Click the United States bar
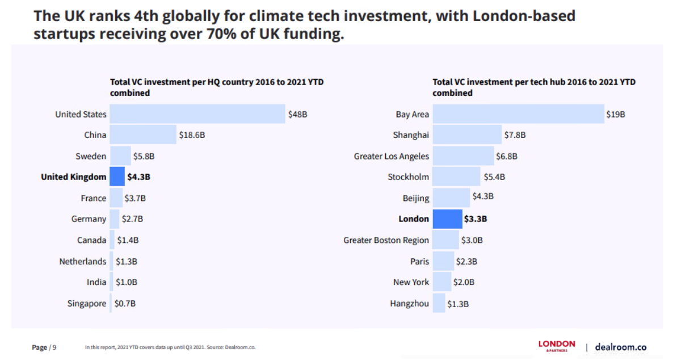[x=197, y=114]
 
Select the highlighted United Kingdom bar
[x=117, y=177]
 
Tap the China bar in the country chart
[x=142, y=135]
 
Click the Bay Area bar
[x=518, y=114]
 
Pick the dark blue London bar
[x=447, y=219]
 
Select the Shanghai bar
[x=466, y=135]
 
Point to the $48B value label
[x=298, y=114]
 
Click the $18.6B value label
[x=192, y=135]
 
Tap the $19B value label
[x=616, y=114]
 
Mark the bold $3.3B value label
[x=476, y=219]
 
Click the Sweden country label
[x=91, y=156]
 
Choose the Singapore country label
[x=86, y=303]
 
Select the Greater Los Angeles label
[x=392, y=156]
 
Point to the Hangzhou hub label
[x=410, y=303]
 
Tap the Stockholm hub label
[x=409, y=177]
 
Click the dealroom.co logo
[x=620, y=347]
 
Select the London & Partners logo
[x=557, y=346]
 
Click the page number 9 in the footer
[x=54, y=348]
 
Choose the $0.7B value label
[x=125, y=303]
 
